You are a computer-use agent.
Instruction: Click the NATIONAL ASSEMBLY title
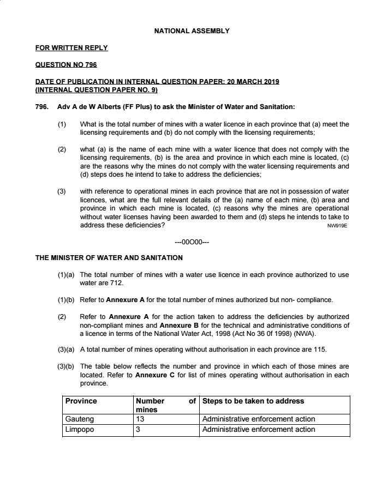tap(191, 31)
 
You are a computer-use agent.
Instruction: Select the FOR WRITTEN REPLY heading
tap(71, 48)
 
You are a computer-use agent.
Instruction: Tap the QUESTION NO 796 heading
tap(66, 65)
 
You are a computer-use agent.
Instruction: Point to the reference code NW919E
tap(337, 225)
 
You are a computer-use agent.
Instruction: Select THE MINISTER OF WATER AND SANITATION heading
tap(109, 257)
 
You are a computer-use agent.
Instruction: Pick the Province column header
tap(81, 401)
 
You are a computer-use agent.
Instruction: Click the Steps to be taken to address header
tap(253, 401)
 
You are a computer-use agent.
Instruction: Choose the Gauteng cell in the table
tap(80, 419)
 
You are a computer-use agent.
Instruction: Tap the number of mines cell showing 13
tap(140, 419)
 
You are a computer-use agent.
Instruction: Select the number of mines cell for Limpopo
tap(138, 430)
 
